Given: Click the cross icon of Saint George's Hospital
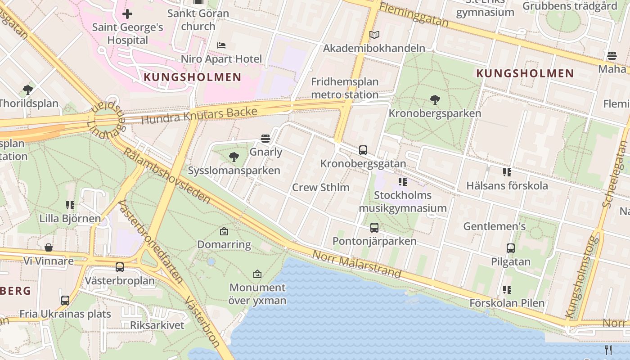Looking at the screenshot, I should click(x=127, y=14).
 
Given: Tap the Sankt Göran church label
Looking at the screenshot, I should click(x=198, y=20).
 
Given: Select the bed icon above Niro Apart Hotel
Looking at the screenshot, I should click(x=221, y=45).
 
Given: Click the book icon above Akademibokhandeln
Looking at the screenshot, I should click(x=374, y=35).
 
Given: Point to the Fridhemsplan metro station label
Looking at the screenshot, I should click(x=345, y=88).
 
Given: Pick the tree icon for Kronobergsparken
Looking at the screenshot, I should click(x=435, y=99).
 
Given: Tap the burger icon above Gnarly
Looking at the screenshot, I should click(x=265, y=139).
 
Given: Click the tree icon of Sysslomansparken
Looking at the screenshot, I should click(x=234, y=157).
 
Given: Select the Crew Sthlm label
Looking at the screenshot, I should click(x=321, y=187).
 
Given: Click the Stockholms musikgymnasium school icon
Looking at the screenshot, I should click(x=402, y=182).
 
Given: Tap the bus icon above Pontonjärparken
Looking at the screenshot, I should click(x=374, y=228).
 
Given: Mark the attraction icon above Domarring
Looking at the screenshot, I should click(x=224, y=231).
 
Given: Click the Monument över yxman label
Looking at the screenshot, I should click(x=257, y=294).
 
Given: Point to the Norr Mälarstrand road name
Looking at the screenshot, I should click(x=356, y=264).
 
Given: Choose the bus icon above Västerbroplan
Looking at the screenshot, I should click(x=119, y=267).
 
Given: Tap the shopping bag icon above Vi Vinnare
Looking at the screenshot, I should click(x=49, y=247).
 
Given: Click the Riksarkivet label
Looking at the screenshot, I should click(x=157, y=325).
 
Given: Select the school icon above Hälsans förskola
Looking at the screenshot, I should click(x=507, y=172).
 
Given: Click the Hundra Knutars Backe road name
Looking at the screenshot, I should click(x=199, y=116).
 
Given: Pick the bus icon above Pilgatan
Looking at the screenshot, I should click(x=510, y=248).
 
